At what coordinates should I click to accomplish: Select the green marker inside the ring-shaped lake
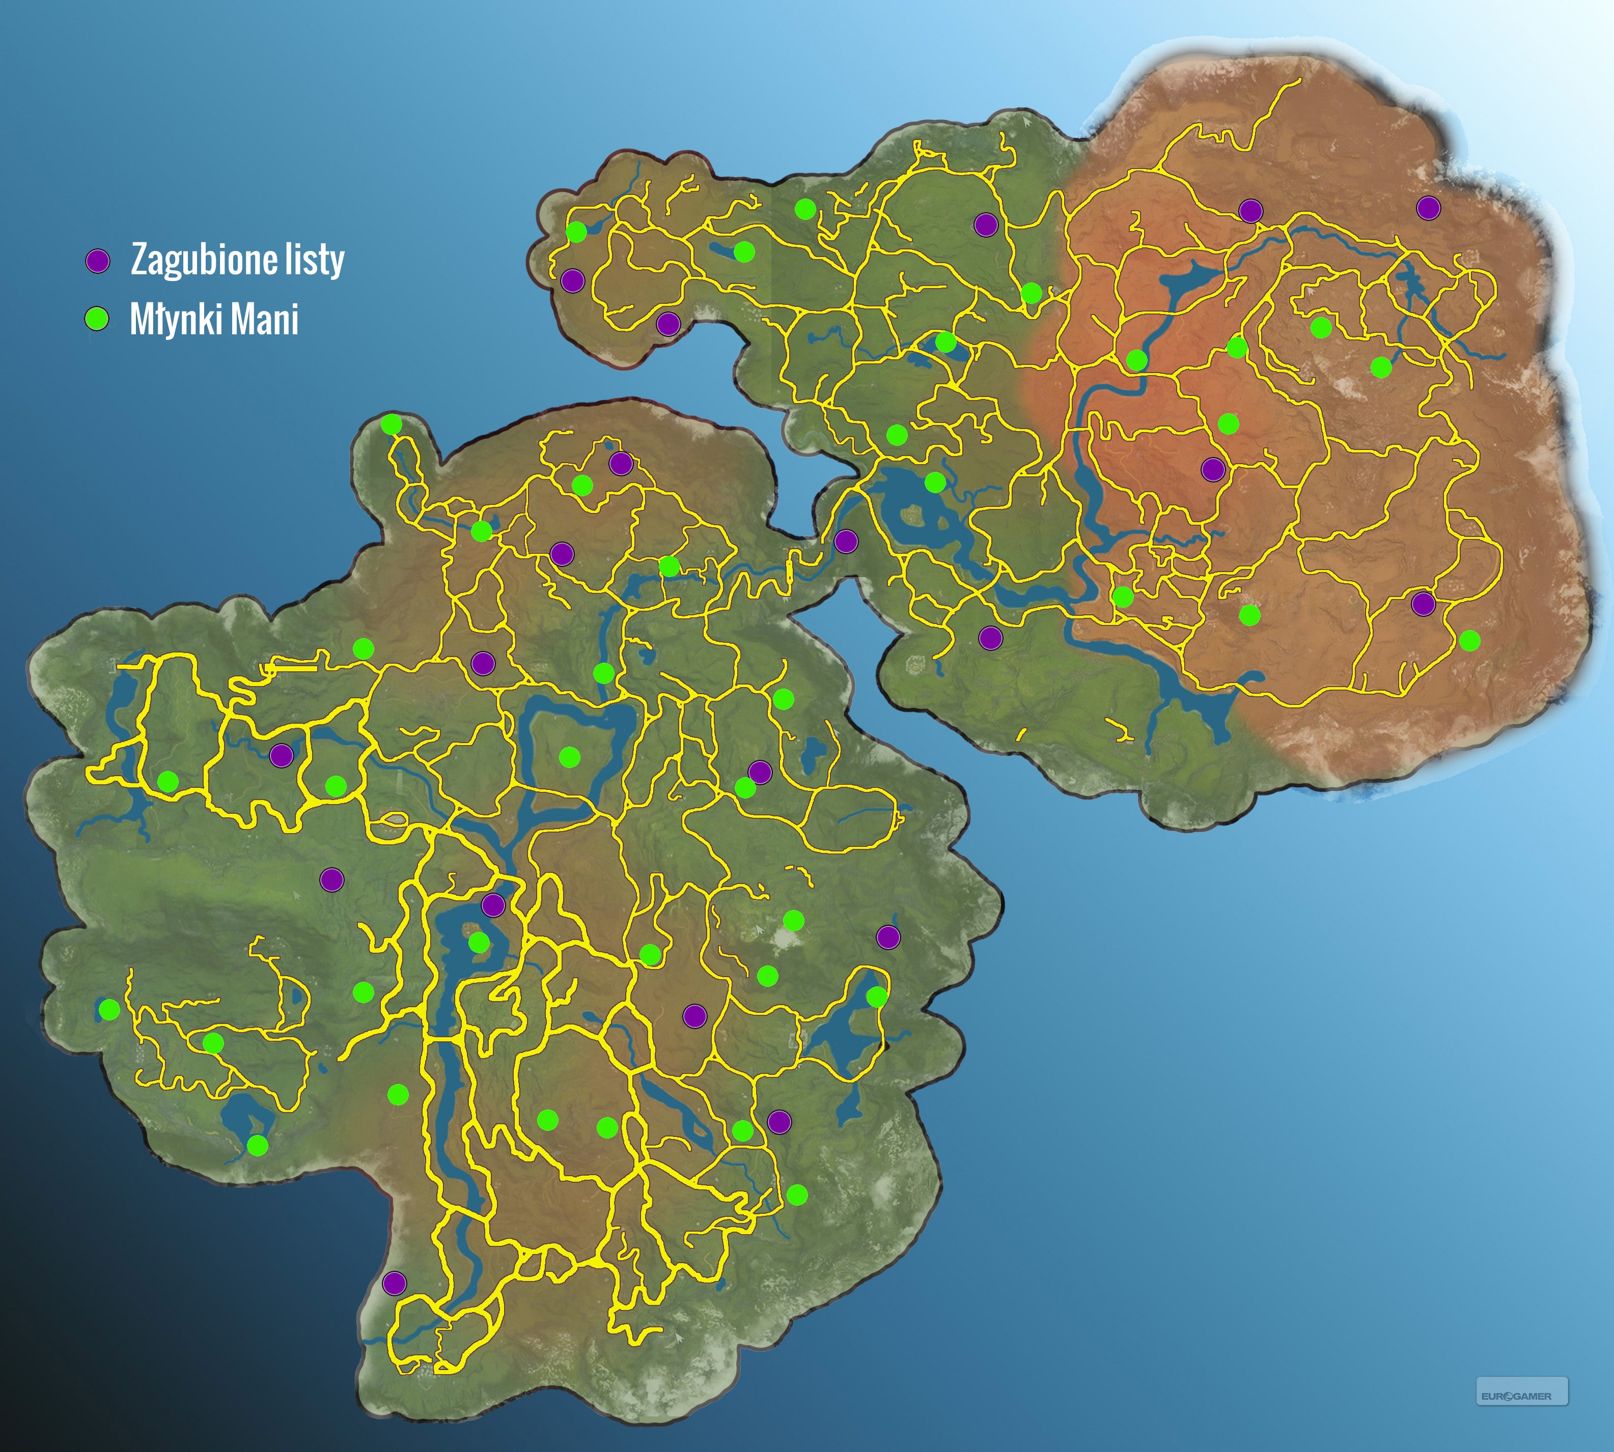[569, 756]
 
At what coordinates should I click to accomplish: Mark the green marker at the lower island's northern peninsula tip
[391, 424]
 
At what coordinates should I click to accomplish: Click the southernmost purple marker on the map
[394, 1283]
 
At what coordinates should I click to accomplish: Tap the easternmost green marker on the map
[1469, 640]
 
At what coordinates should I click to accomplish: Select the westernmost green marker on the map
[109, 1009]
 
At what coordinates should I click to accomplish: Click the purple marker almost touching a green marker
[760, 772]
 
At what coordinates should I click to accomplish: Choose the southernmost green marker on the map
[797, 1194]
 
